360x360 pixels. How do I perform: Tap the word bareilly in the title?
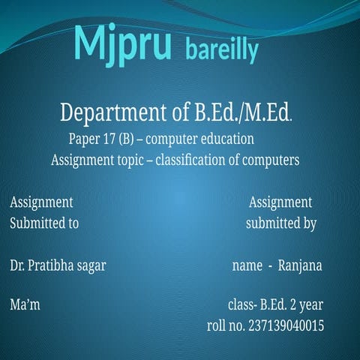click(221, 51)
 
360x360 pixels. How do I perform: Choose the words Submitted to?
click(44, 223)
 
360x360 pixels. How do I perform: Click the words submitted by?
click(281, 223)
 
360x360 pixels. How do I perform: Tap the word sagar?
click(91, 265)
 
